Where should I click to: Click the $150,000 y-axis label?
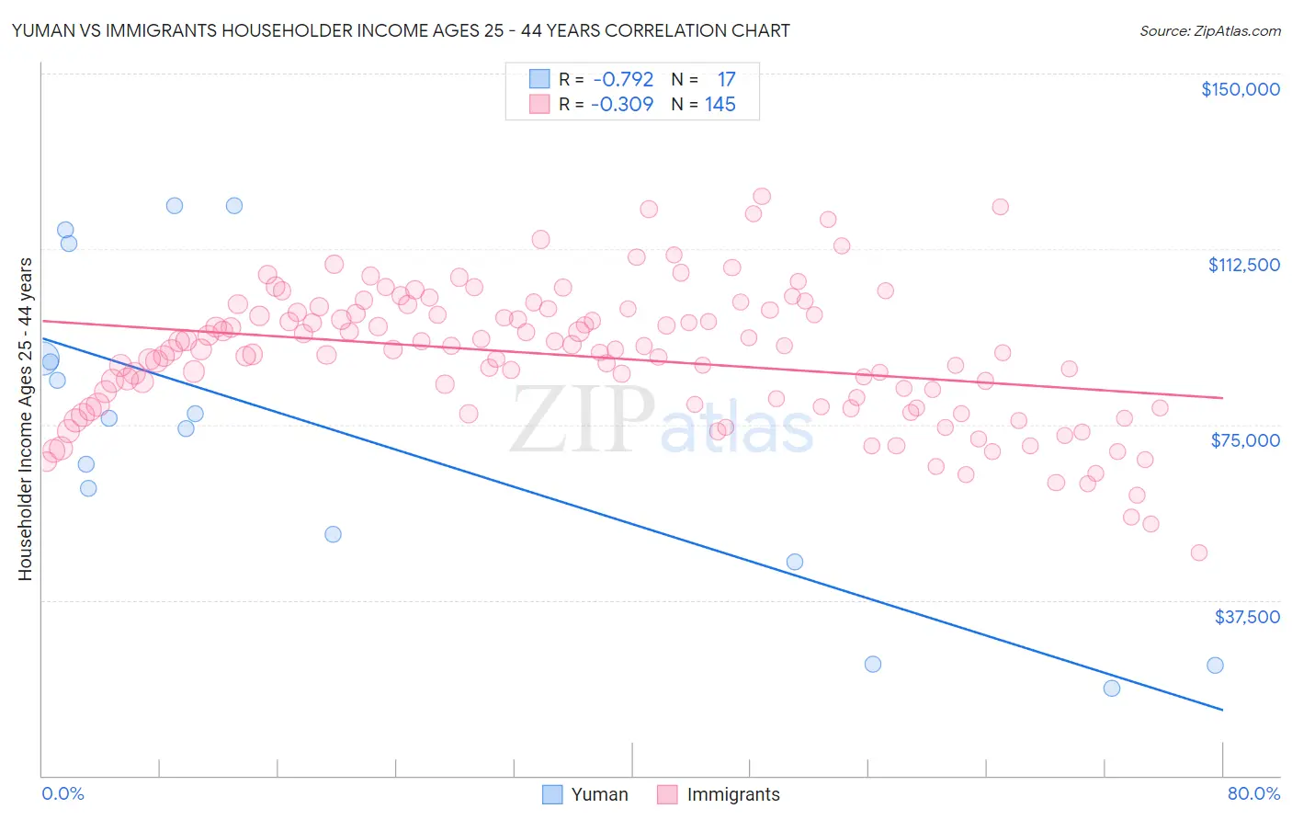pos(1240,89)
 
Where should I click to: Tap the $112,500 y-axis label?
pos(1243,265)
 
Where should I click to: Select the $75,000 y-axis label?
pos(1245,440)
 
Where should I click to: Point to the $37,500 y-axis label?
pos(1247,617)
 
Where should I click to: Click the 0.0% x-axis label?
pos(62,793)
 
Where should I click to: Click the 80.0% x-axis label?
pos(1253,793)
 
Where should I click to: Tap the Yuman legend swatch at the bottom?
pos(552,794)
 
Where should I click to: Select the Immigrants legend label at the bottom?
pos(732,794)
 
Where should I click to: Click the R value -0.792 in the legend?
pos(623,80)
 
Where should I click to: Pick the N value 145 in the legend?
pos(720,105)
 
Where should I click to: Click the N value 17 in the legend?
pos(726,80)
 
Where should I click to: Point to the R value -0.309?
pos(623,105)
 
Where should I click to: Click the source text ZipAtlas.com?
pos(1209,31)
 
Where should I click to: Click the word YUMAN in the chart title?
pos(42,30)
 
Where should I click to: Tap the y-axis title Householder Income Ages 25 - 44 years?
pos(25,419)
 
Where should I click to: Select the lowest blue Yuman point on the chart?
pos(1112,688)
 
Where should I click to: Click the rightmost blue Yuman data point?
pos(1215,666)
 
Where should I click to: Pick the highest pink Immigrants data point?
pos(762,196)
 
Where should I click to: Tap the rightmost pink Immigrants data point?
pos(1199,552)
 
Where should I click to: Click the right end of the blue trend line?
pos(1222,710)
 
